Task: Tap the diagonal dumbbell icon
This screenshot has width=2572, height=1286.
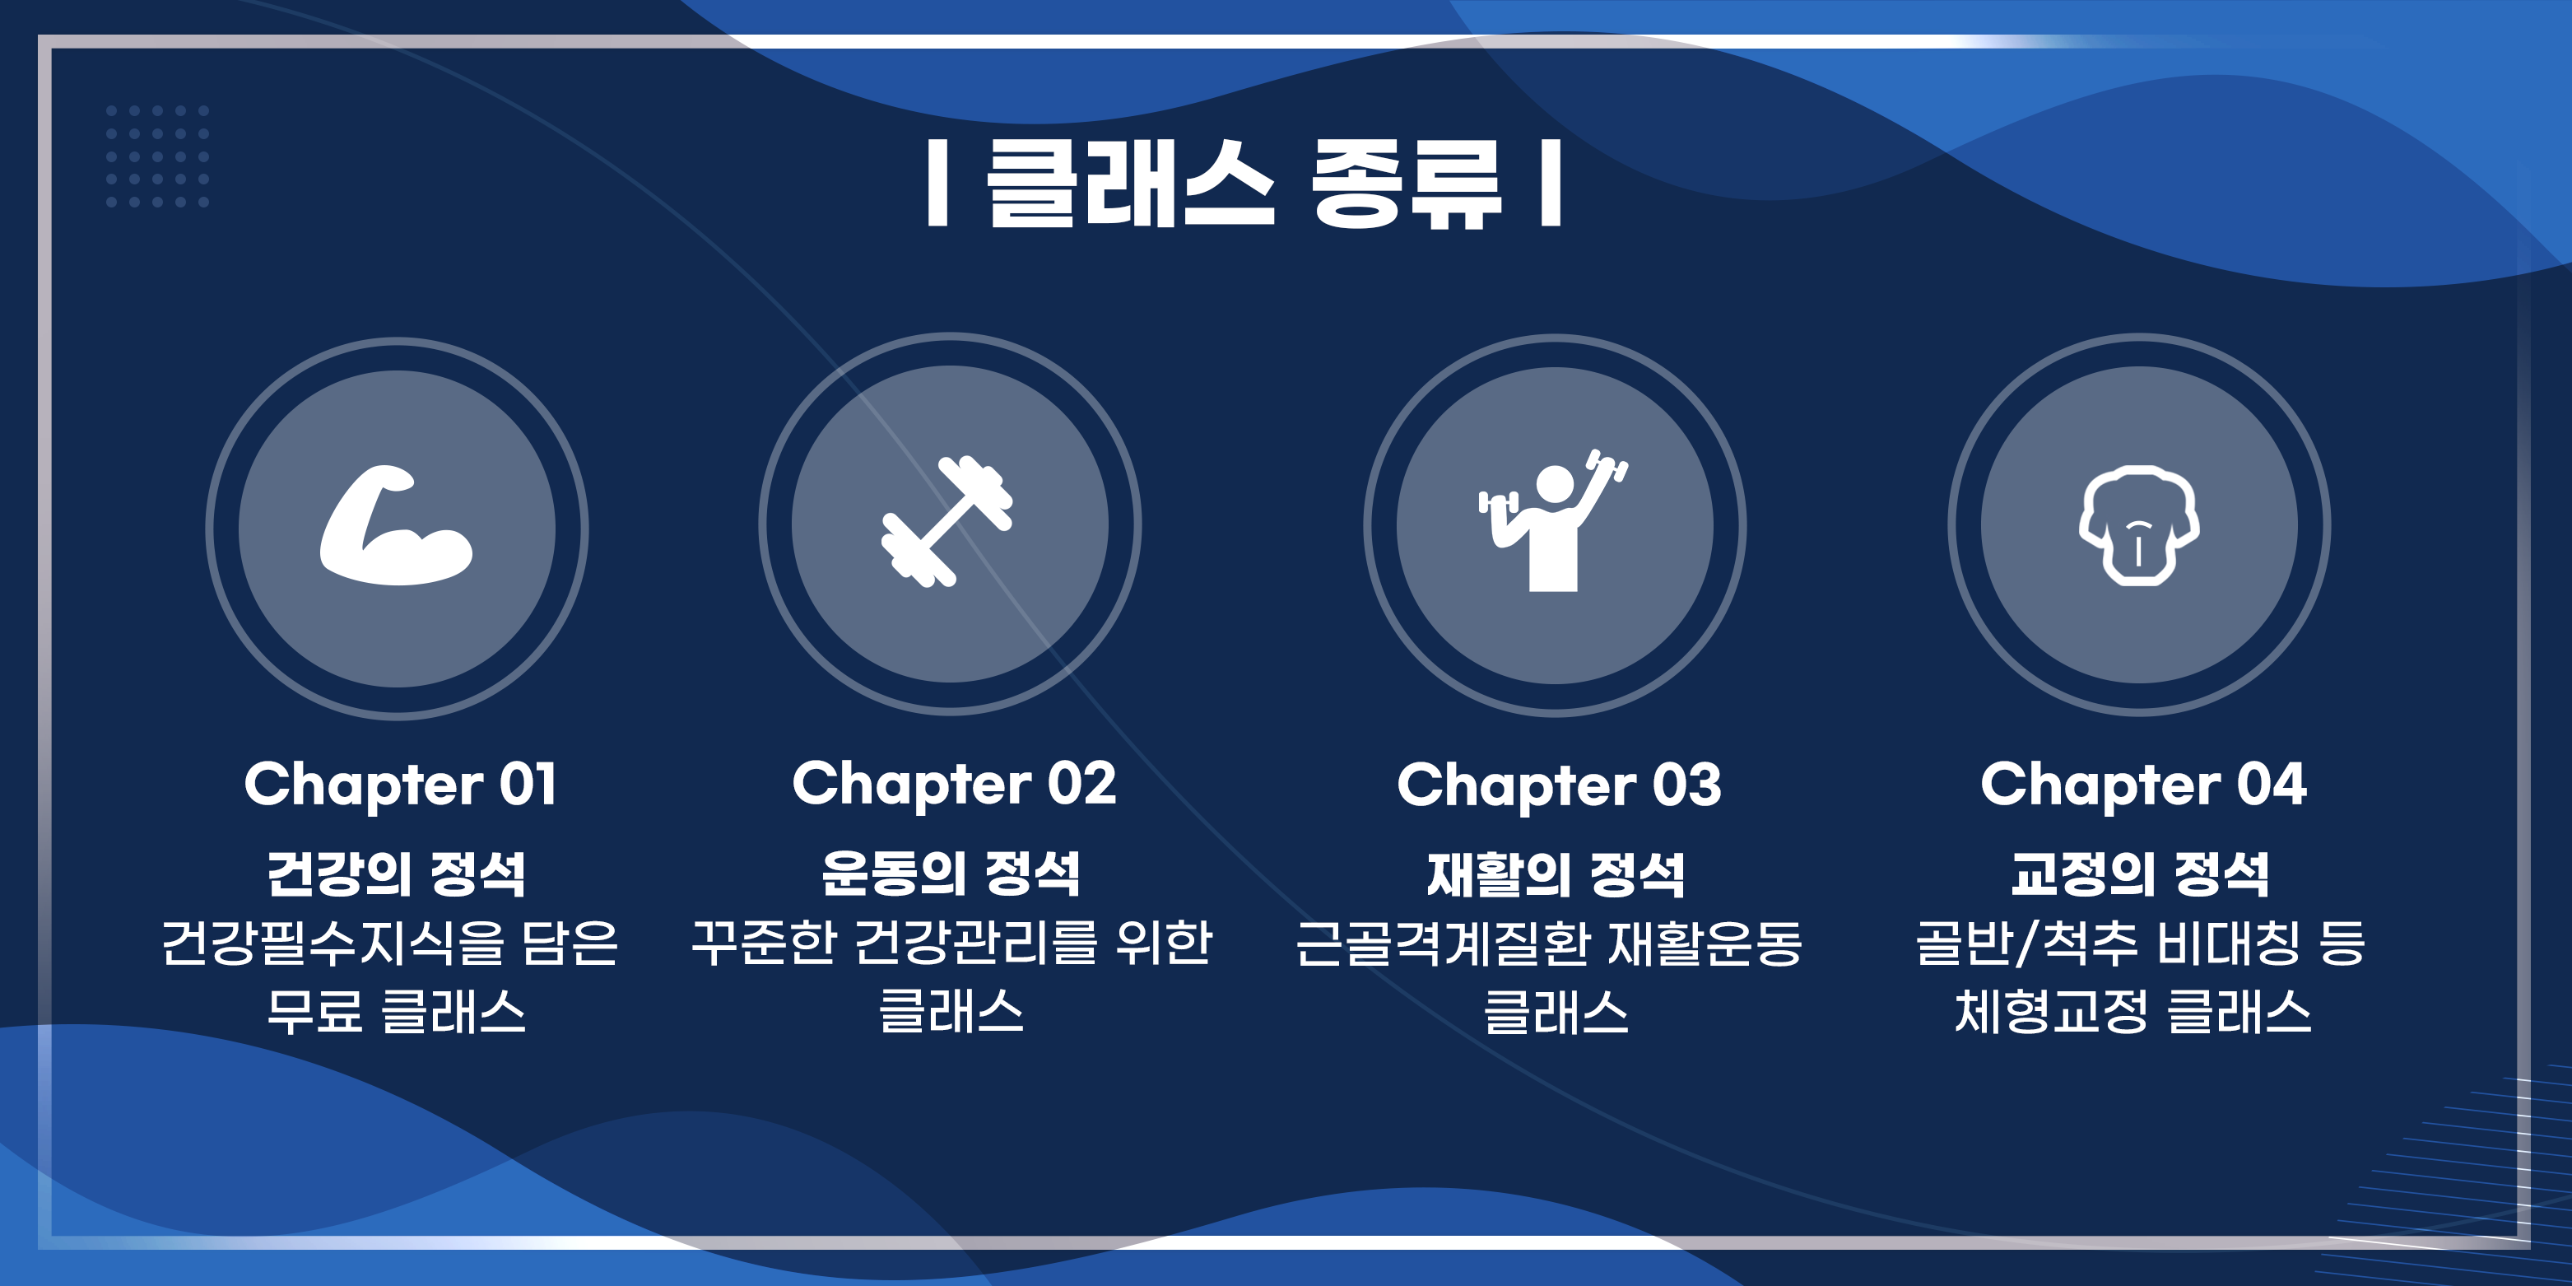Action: tap(947, 521)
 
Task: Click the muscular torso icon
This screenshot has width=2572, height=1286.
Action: tap(2139, 525)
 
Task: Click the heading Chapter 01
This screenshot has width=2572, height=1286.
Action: tap(400, 785)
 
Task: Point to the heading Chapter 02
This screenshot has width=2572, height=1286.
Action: tap(955, 784)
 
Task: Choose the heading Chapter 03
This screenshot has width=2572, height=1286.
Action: tap(1560, 785)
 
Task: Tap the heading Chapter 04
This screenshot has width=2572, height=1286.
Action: tap(2144, 785)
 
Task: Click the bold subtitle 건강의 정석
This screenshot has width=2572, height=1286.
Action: tap(397, 874)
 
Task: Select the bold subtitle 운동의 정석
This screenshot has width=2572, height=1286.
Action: tap(951, 873)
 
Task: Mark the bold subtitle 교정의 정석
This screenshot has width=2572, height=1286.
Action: tap(2140, 874)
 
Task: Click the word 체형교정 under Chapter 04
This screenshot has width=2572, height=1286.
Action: tap(2051, 1011)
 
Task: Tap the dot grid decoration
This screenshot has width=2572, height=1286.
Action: tap(158, 156)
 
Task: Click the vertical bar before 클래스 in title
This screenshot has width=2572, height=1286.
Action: tap(937, 183)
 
